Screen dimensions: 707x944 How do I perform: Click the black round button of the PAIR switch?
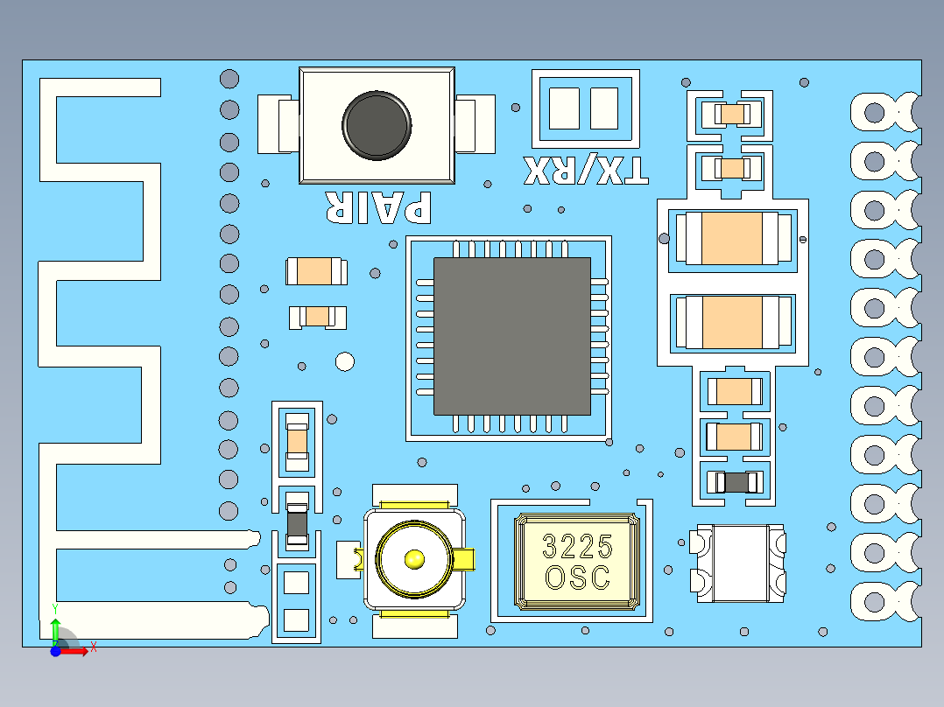(377, 125)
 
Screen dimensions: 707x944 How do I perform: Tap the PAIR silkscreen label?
(378, 206)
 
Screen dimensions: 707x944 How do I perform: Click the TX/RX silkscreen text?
(586, 170)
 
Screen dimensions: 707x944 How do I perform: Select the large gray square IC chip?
(512, 336)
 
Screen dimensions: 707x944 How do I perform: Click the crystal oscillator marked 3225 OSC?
(578, 562)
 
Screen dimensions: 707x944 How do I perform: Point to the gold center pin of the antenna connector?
(413, 557)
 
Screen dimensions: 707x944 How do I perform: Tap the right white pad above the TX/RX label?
(604, 108)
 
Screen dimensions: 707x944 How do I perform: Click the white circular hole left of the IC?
(345, 361)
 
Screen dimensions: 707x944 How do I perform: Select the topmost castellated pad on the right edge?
(874, 112)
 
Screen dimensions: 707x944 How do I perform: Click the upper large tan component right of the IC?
(731, 239)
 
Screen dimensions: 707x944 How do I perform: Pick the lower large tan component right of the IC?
(731, 322)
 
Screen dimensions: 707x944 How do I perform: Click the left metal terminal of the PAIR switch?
(279, 125)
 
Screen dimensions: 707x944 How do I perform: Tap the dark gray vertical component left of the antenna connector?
(298, 523)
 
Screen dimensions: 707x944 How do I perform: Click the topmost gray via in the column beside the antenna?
(229, 79)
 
